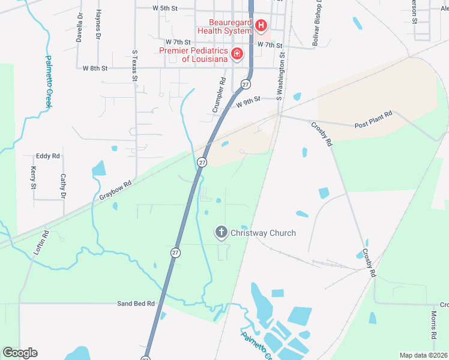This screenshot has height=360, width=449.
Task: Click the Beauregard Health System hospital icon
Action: point(261,25)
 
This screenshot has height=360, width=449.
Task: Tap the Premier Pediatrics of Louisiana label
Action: point(193,55)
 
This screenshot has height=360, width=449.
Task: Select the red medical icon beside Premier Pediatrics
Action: point(237,55)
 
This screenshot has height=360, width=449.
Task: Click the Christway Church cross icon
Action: point(221,232)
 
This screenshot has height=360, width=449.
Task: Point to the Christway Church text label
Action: point(263,233)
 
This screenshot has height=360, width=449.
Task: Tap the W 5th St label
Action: point(165,8)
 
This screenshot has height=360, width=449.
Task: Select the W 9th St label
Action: point(248,101)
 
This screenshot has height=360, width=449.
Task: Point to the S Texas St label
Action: point(135,65)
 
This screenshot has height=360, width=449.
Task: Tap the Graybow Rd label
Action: point(115,191)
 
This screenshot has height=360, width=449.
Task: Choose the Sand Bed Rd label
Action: point(136,304)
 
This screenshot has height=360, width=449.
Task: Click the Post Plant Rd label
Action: point(373,118)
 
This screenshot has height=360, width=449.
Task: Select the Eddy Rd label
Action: point(48,156)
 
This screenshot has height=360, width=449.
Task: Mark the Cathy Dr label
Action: point(62,186)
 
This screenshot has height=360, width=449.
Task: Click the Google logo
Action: point(20,353)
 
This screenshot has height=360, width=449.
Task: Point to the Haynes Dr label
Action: point(98,25)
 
